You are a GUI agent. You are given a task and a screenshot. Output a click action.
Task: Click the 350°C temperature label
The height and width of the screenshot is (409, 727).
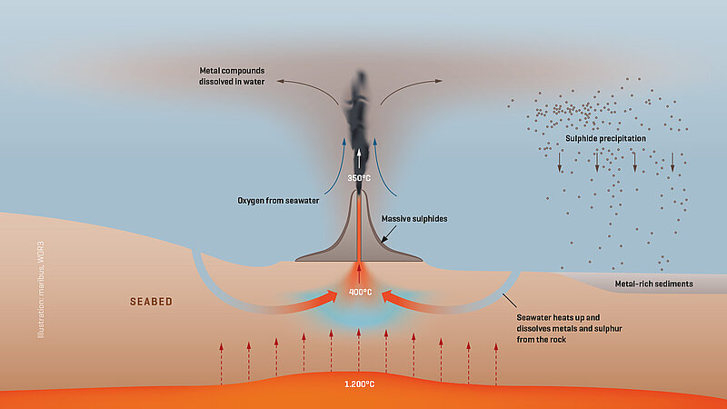pos(359,178)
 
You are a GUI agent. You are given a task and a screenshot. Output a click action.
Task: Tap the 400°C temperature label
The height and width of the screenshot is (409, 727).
pos(360,292)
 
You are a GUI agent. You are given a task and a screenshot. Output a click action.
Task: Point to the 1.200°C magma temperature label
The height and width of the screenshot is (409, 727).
pos(359,384)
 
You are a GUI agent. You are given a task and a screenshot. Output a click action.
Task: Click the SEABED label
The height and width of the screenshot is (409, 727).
pos(151,302)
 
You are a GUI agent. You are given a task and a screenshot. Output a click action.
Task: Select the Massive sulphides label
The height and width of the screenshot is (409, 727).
pos(414,219)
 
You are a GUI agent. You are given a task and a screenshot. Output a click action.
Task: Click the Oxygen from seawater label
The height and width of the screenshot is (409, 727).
pos(278,201)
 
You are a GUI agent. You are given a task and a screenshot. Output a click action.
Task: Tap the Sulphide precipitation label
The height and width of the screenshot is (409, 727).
pos(605,139)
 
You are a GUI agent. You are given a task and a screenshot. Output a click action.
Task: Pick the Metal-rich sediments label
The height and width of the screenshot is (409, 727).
pos(653,284)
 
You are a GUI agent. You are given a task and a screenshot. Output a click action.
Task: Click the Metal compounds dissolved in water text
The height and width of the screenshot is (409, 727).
pos(232,76)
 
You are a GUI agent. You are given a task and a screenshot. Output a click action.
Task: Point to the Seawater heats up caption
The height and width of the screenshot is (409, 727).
pos(570,328)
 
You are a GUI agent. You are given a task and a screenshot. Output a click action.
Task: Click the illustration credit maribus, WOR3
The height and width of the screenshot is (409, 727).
pos(41,290)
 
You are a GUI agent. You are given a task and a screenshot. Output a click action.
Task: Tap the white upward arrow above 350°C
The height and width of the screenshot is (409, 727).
pos(358,158)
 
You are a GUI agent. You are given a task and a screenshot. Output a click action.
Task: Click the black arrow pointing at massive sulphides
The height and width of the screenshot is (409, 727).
pos(389,234)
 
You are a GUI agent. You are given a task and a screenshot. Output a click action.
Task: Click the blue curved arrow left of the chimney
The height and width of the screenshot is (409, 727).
pos(336,167)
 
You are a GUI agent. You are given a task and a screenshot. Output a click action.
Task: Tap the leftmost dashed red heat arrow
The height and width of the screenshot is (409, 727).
pos(221,364)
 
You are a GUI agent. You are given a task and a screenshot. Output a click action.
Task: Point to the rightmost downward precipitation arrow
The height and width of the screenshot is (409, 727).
pos(672,163)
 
